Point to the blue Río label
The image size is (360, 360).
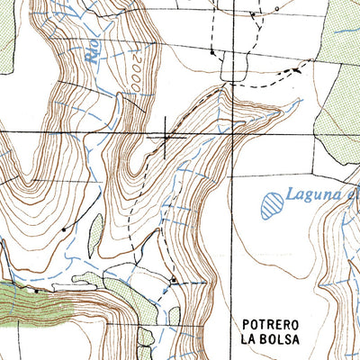click(93, 49)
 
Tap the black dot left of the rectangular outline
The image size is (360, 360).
click(211, 53)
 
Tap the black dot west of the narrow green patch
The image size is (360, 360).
click(64, 230)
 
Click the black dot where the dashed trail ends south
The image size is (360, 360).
click(173, 281)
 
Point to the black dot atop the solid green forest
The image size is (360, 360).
click(35, 291)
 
